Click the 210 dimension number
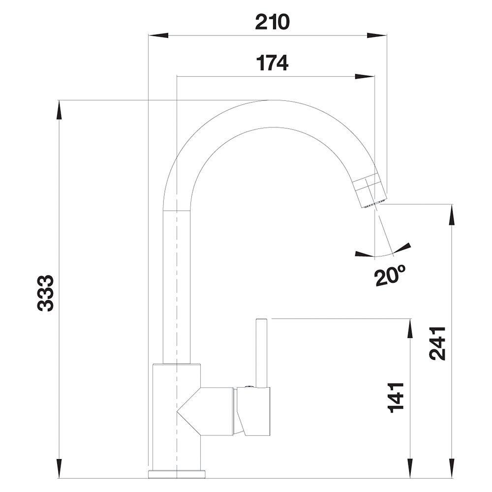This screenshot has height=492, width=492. (x=272, y=22)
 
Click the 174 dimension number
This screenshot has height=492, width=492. (x=272, y=63)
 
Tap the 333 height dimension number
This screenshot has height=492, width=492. (x=46, y=293)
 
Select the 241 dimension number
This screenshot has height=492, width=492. (x=437, y=343)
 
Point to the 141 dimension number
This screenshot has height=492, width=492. (x=396, y=398)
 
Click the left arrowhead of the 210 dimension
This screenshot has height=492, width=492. (x=158, y=35)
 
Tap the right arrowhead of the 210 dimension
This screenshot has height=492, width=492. (x=376, y=35)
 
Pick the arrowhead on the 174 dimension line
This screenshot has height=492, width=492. (x=365, y=76)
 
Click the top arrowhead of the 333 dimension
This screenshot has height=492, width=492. (x=59, y=110)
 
